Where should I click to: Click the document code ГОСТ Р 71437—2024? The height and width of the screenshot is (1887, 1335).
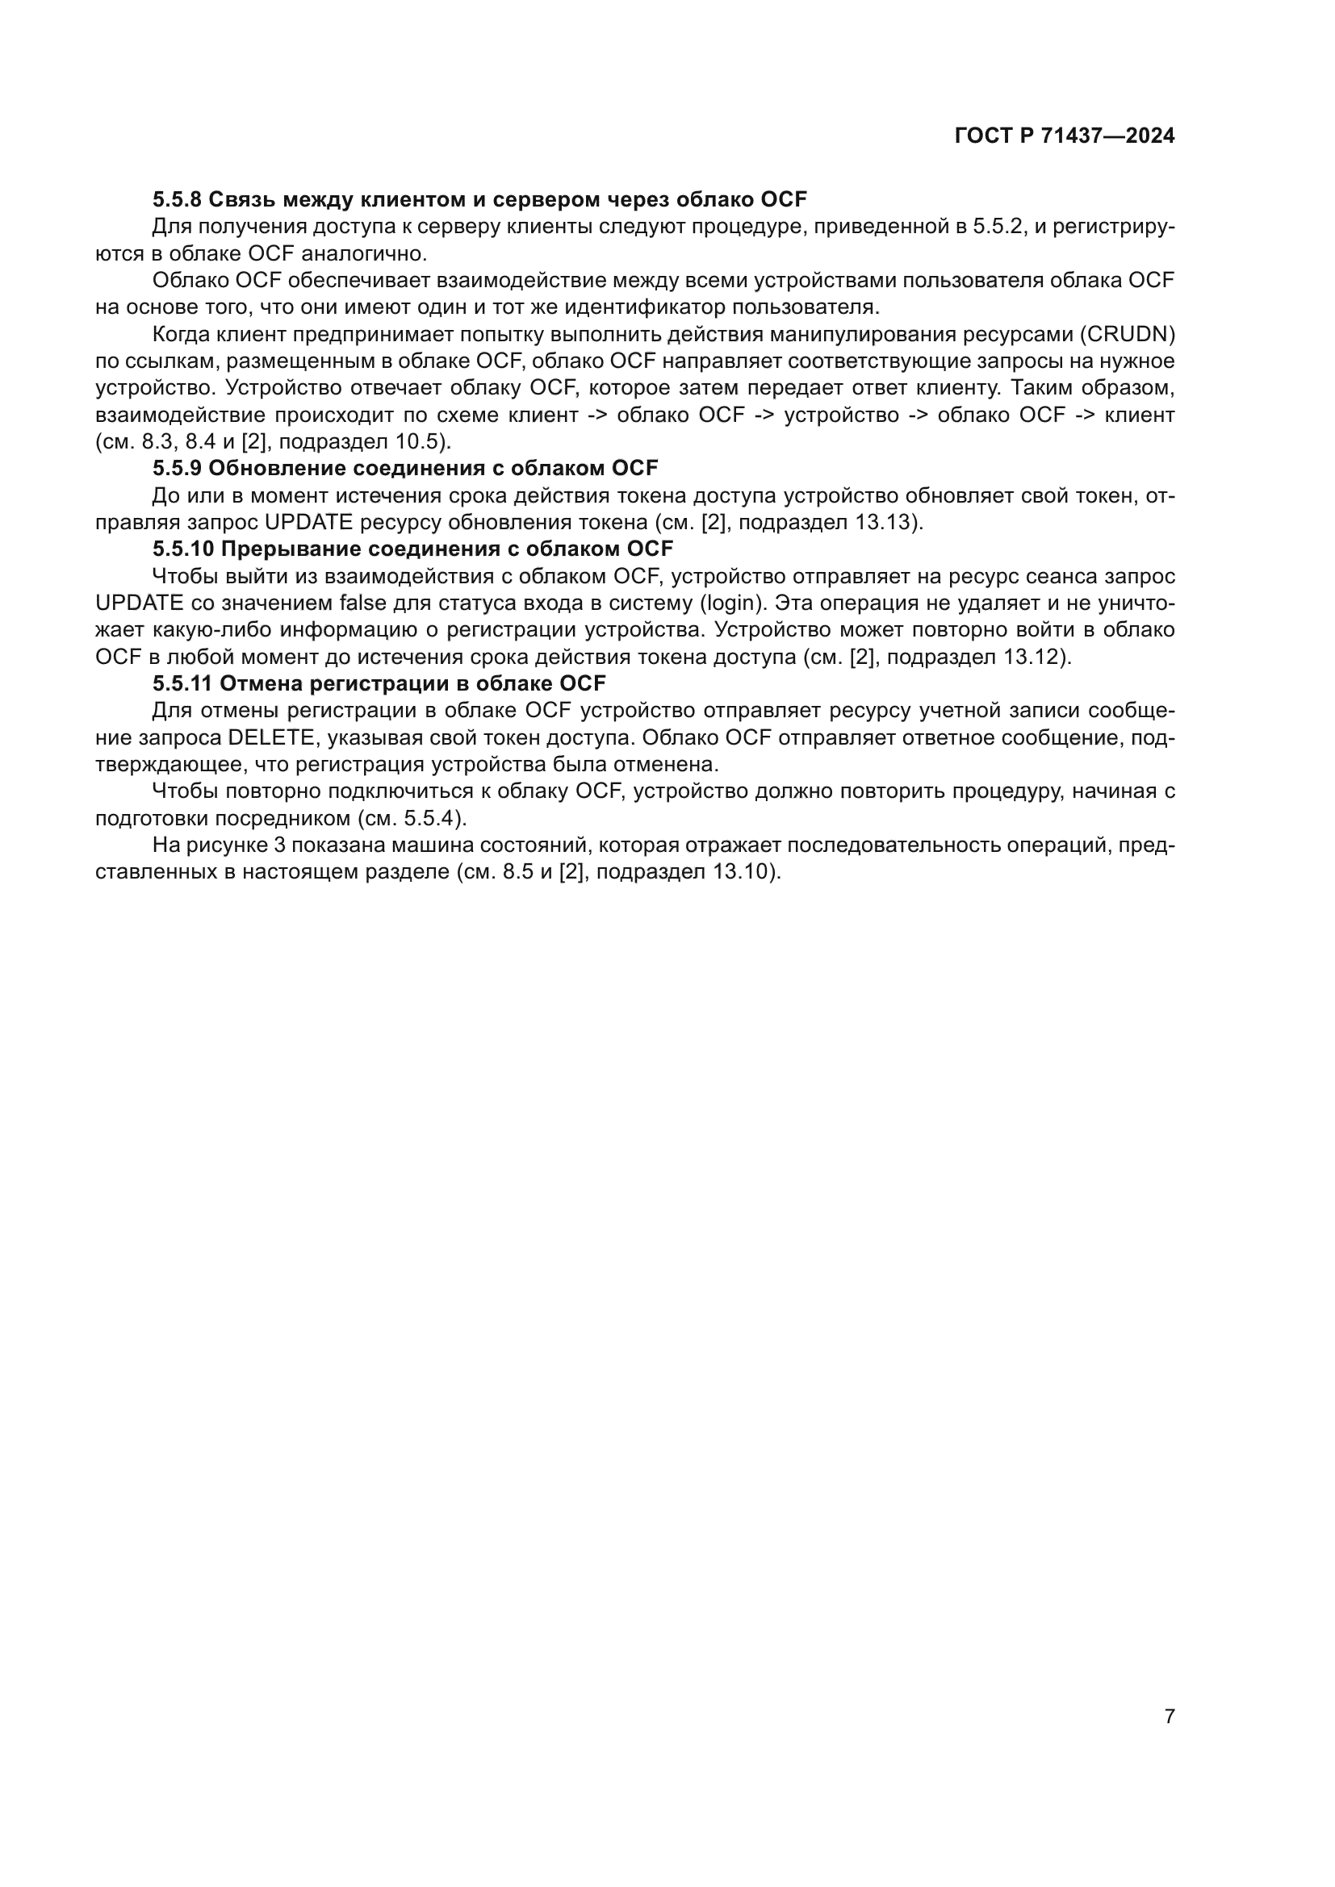[1065, 136]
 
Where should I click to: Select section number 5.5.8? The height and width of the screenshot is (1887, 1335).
[176, 199]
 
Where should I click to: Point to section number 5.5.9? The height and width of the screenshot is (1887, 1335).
[176, 469]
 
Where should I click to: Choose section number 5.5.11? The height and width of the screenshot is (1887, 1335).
[181, 684]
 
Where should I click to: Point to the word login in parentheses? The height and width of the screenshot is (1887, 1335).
[726, 603]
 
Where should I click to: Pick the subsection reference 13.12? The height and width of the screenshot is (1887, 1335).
[1032, 658]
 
